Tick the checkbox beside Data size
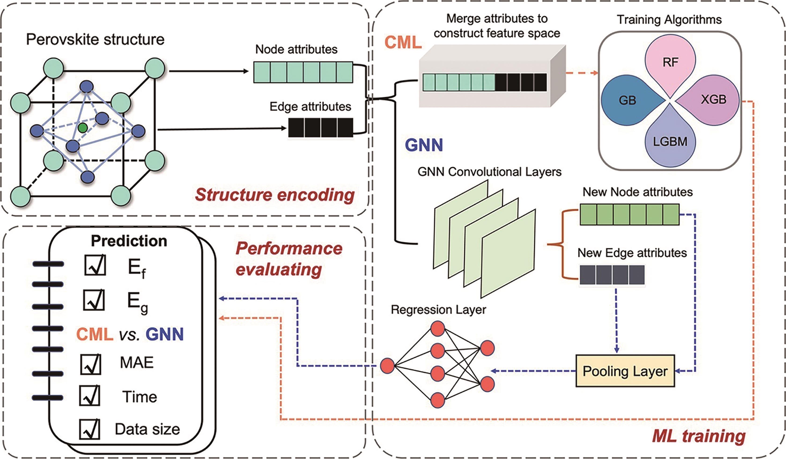89,429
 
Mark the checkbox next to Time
89,395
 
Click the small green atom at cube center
83,128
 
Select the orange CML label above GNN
403,42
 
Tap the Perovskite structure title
95,40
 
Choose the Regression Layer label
438,310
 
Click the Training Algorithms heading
669,20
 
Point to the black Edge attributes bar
320,128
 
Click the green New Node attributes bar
629,215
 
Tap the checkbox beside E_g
94,300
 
